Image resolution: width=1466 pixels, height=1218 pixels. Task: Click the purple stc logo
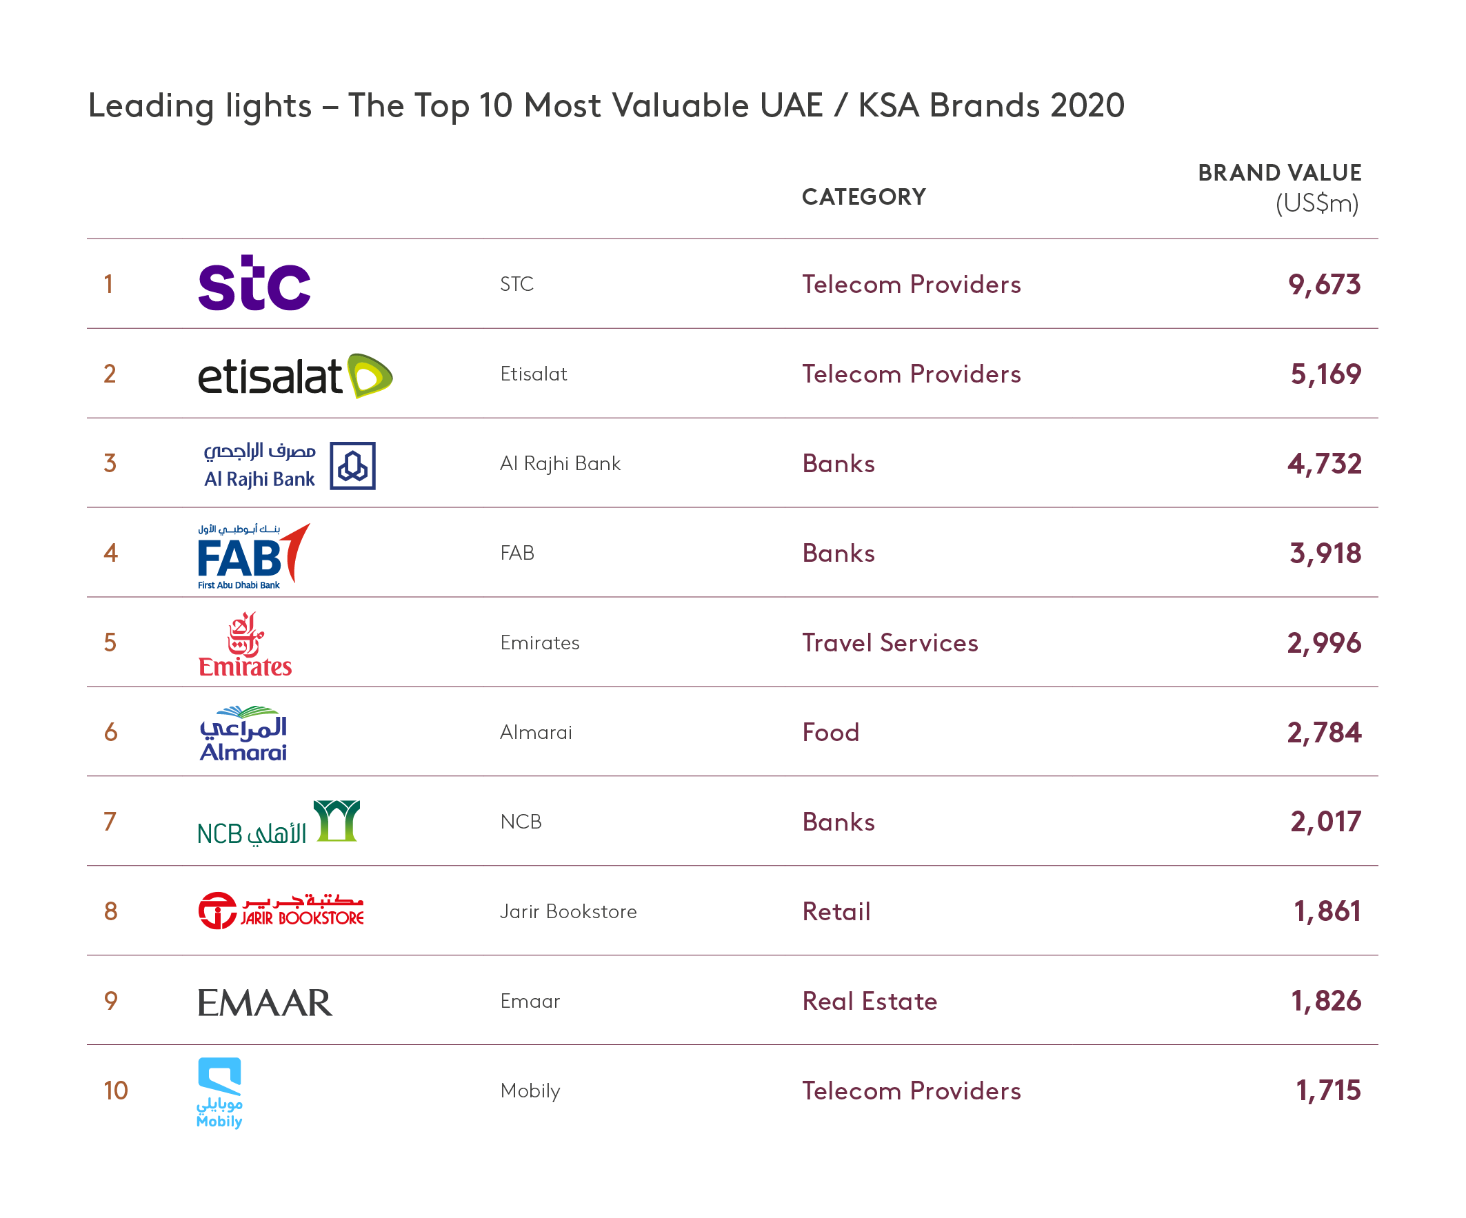coord(254,283)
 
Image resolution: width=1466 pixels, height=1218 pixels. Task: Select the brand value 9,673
coord(1323,285)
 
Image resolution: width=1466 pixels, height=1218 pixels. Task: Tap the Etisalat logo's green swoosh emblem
coord(370,376)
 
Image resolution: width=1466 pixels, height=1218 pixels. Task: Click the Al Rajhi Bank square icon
coord(352,465)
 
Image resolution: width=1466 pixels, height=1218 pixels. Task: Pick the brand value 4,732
coord(1323,464)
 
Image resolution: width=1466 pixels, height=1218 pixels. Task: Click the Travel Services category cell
coord(890,643)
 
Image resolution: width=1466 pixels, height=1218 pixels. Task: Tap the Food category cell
coord(830,733)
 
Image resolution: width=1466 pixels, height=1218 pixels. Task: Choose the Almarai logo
coord(243,733)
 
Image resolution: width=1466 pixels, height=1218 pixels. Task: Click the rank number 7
coord(110,822)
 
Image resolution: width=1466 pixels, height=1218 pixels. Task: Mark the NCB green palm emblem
coord(337,821)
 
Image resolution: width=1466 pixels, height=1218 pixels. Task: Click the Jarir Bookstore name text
coord(568,911)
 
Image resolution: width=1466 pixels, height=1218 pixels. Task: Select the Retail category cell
coord(836,911)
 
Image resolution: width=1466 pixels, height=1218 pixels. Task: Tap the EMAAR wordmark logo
coord(265,1002)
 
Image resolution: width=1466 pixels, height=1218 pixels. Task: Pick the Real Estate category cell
coord(869,1002)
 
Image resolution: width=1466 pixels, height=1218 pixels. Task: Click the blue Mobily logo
coord(219,1091)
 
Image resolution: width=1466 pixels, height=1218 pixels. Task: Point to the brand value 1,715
coord(1328,1090)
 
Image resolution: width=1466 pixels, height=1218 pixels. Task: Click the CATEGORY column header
coord(863,197)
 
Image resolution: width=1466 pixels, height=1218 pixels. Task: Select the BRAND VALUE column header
coord(1279,173)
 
